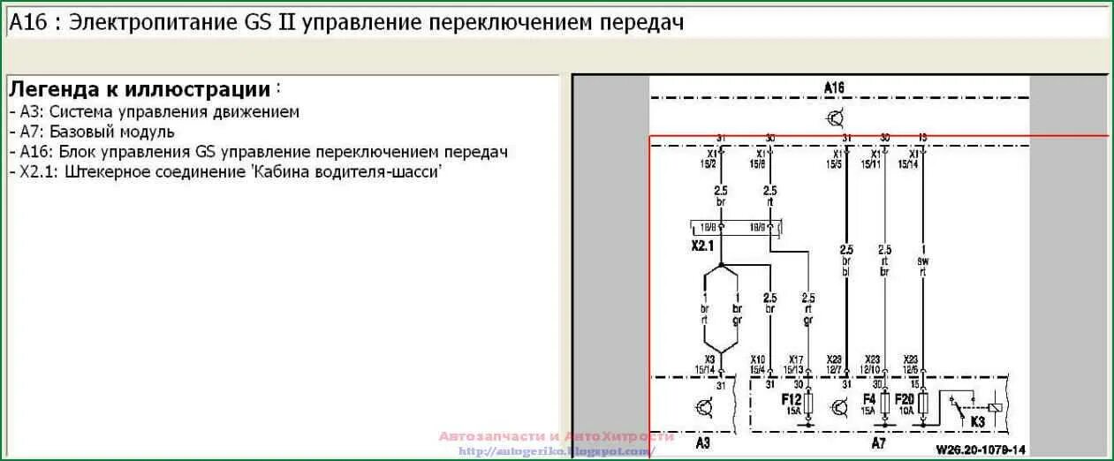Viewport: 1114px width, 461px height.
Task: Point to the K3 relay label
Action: [977, 422]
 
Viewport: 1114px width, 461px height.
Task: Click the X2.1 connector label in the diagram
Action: [702, 246]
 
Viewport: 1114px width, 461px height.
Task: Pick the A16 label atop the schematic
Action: [834, 87]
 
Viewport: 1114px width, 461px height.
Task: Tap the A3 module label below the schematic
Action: [702, 443]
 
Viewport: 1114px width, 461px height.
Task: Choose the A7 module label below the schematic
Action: [878, 442]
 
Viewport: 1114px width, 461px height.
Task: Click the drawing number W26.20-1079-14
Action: [981, 450]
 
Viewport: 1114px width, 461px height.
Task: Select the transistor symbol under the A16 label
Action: [836, 117]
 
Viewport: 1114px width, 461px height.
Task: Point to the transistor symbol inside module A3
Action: [704, 407]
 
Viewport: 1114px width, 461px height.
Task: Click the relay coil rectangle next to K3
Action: [994, 407]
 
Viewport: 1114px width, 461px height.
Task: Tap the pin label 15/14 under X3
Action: [709, 368]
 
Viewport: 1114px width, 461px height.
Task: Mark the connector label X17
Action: [796, 359]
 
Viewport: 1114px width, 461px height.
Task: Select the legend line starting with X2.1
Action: [225, 171]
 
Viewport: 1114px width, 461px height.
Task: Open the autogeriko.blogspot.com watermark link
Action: [557, 451]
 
